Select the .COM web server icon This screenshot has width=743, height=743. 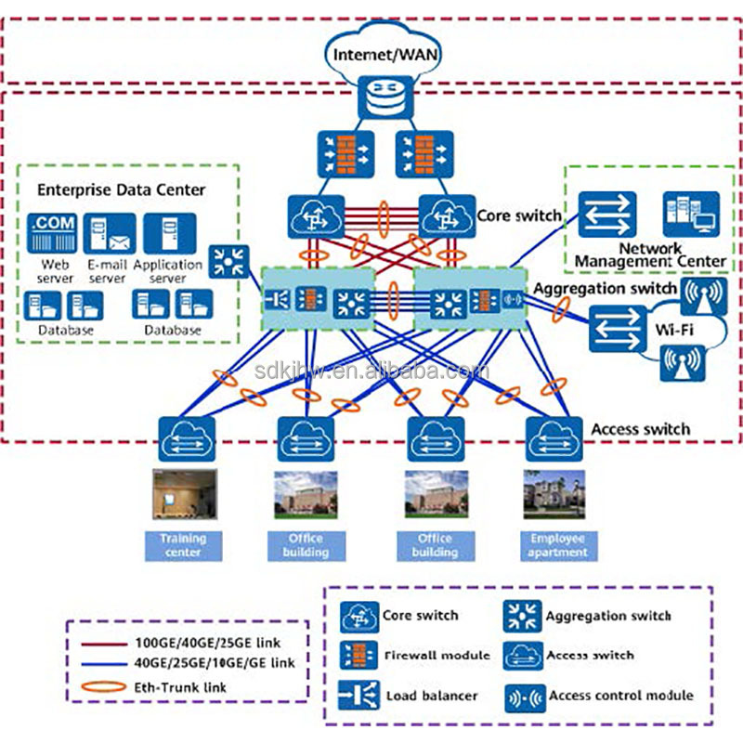[x=54, y=233]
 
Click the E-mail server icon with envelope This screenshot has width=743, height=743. [x=110, y=233]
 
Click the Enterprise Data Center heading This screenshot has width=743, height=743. [x=121, y=189]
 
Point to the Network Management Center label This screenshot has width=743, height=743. [x=649, y=255]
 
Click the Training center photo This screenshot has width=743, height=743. [x=184, y=493]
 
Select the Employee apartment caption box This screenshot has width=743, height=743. [x=558, y=545]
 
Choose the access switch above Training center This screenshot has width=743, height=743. [x=187, y=435]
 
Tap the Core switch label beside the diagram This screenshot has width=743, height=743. [x=519, y=215]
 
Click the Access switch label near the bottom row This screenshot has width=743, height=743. [x=641, y=429]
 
